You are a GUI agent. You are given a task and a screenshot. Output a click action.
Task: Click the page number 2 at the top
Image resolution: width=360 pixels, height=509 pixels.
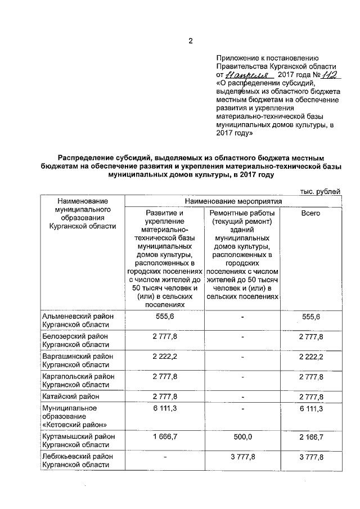point(191,41)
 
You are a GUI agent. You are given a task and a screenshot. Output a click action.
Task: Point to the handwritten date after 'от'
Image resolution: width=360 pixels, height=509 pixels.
point(249,74)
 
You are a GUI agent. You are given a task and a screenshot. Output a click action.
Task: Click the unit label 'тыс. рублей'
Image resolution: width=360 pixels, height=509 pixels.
point(321,191)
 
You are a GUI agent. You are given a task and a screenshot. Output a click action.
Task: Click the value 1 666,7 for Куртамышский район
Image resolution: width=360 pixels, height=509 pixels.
point(164,436)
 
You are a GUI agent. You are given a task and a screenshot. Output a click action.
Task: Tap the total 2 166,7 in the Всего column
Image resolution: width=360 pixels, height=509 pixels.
point(310,436)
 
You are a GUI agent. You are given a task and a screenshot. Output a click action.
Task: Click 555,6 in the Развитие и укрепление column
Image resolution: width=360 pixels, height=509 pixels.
point(164,317)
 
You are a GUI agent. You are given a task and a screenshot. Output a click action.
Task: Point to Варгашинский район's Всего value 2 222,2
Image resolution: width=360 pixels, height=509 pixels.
point(310,357)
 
